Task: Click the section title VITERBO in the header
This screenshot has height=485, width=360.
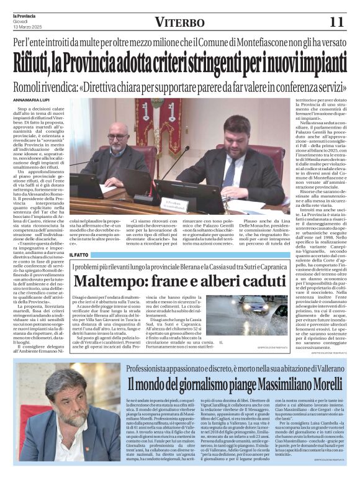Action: click(179, 22)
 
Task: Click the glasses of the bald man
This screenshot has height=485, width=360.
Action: click(117, 137)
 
